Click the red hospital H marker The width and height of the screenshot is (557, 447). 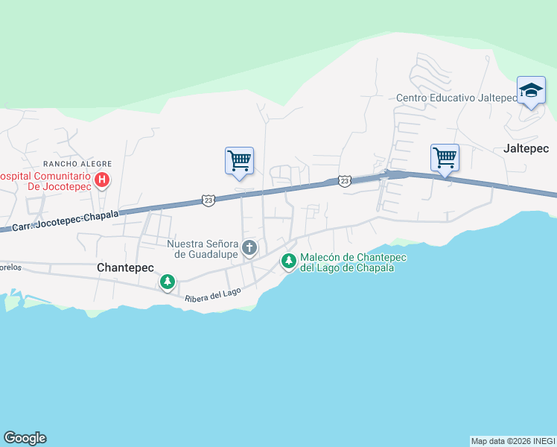pos(102,180)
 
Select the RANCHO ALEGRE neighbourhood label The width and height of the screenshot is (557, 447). pos(77,163)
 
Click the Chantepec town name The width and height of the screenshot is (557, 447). pos(125,267)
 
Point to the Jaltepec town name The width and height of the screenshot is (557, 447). pos(526,148)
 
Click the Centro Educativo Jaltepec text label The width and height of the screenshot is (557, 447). pos(456,98)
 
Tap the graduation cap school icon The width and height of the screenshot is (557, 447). pos(531,90)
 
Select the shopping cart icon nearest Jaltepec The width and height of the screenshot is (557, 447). pos(445,158)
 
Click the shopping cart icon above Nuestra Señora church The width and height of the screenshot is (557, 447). pos(239,161)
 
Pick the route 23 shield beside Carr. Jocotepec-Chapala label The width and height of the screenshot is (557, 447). pos(209,200)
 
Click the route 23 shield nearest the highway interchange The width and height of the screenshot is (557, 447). pos(344,181)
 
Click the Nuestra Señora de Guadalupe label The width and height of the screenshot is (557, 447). pos(202,249)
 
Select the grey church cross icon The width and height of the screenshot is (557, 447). pos(249,247)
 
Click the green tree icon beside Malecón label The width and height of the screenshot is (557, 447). pos(288,261)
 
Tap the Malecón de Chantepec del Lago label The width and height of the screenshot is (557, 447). pos(346,262)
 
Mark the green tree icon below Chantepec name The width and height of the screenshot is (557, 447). pos(168,282)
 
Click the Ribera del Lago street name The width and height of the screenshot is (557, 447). pos(213,294)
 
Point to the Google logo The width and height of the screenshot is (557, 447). pos(25,438)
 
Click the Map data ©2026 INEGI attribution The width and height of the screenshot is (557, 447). pos(513,441)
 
